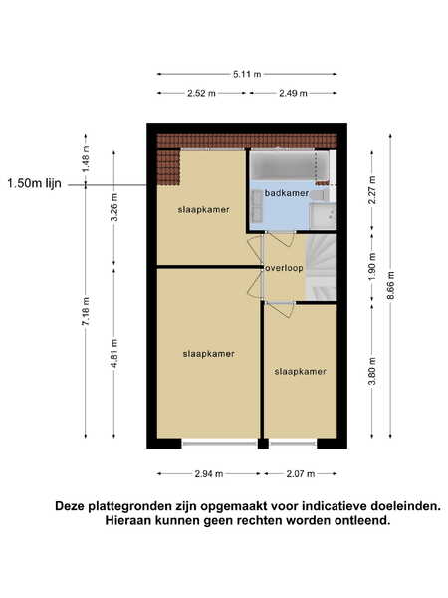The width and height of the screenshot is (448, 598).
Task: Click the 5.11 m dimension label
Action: coord(247,74)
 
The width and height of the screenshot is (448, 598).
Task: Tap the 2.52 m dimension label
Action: coord(201,93)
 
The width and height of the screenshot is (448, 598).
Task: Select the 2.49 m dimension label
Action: coord(293,93)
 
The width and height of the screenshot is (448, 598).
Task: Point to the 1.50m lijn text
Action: coord(34,183)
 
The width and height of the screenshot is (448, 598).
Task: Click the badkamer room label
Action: coord(287,193)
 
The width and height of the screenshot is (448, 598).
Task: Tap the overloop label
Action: coord(284,268)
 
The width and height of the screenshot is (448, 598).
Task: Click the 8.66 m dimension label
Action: coord(391,286)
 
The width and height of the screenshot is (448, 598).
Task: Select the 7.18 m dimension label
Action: coord(86,311)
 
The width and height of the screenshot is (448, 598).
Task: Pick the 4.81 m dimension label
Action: coord(114,353)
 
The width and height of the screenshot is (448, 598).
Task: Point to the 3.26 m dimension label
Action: coord(114,207)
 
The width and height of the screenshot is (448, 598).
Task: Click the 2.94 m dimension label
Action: coord(209,474)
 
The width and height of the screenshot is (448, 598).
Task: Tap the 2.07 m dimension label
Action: coord(301,474)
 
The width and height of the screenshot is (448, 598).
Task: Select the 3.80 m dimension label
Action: coord(372,371)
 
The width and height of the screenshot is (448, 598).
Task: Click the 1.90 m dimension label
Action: coord(372,267)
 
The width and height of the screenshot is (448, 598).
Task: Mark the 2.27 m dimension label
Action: coord(372,190)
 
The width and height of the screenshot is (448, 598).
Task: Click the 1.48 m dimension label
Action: coord(86,158)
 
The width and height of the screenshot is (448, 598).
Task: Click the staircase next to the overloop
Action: coord(322,268)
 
